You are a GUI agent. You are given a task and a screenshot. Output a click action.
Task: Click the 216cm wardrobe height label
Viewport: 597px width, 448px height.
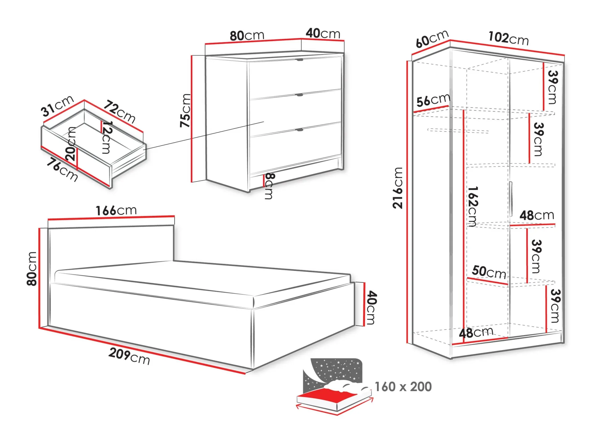click(x=398, y=188)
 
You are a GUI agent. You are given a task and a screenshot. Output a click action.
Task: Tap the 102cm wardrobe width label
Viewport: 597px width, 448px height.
click(x=508, y=38)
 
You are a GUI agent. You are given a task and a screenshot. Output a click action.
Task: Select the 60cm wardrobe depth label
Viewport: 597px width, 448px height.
click(x=432, y=39)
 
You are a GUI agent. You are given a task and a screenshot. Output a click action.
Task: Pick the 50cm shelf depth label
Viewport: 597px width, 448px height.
click(x=489, y=272)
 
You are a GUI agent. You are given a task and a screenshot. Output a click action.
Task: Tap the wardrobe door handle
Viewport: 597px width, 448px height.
click(x=511, y=199)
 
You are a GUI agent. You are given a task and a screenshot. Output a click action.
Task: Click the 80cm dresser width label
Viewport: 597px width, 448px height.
click(x=247, y=36)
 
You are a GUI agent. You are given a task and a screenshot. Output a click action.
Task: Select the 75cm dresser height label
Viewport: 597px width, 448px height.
click(x=185, y=111)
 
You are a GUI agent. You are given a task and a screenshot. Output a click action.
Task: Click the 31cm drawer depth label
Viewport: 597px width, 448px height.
click(x=58, y=106)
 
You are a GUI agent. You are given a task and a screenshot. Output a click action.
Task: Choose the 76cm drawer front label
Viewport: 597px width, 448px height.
click(x=62, y=170)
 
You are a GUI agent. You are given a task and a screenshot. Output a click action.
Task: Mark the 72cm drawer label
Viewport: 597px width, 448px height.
click(x=119, y=111)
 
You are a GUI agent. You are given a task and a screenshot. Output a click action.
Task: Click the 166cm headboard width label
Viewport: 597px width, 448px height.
click(x=116, y=211)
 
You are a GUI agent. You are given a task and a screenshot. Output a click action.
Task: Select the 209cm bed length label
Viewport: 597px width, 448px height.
click(x=129, y=356)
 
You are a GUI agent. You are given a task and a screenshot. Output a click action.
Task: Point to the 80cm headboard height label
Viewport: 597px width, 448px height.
click(x=32, y=268)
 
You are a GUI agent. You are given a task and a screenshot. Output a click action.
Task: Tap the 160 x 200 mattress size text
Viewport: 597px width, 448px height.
click(x=403, y=387)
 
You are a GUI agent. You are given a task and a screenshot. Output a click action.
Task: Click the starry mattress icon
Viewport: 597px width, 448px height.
click(x=335, y=385)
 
